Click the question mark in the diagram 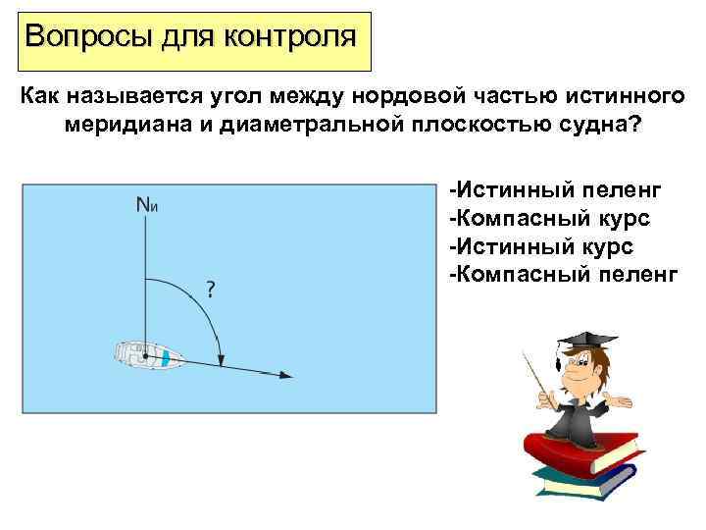pyautogui.click(x=210, y=289)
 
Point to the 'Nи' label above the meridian pyautogui.click(x=147, y=205)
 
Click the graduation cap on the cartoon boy pyautogui.click(x=578, y=341)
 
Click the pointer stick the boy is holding pyautogui.click(x=538, y=377)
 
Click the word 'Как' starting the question pyautogui.click(x=39, y=98)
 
